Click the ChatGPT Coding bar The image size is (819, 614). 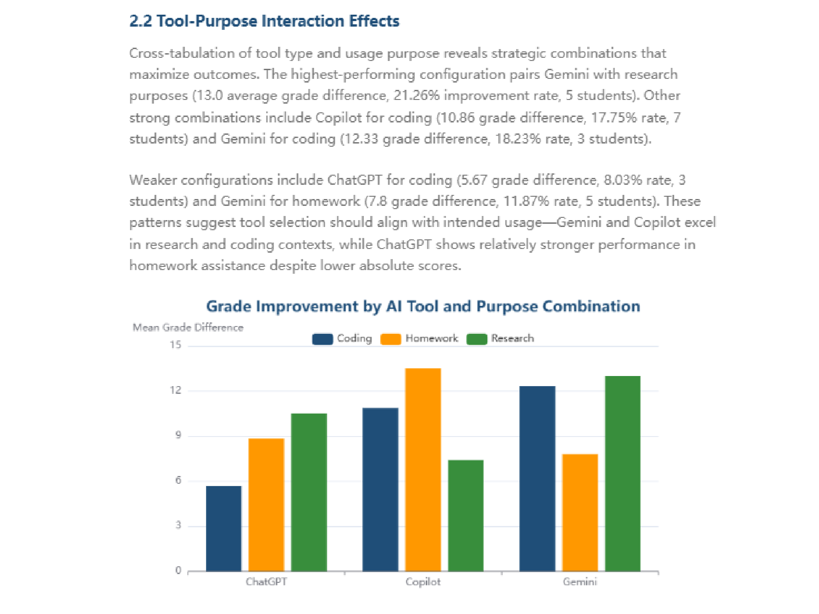pos(223,528)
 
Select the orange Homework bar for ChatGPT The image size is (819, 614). pos(266,504)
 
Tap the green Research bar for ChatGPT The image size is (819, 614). pos(309,492)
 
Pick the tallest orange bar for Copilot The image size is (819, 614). pos(423,470)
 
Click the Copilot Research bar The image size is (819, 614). pos(466,515)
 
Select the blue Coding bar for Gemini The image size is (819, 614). pos(537,479)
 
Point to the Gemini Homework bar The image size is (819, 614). pos(580,513)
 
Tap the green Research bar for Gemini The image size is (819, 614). pos(623,474)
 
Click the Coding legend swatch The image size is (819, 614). pos(323,339)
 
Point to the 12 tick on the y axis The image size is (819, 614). pos(176,390)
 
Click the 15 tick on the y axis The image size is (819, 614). pos(176,345)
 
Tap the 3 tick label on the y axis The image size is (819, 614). pos(178,525)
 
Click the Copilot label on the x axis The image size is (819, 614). pos(423,582)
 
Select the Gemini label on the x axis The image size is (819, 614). pos(580,582)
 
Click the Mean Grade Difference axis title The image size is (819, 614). pos(188,327)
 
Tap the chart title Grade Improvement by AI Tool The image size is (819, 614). pos(423,306)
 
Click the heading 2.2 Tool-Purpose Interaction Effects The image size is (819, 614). pos(264,21)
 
